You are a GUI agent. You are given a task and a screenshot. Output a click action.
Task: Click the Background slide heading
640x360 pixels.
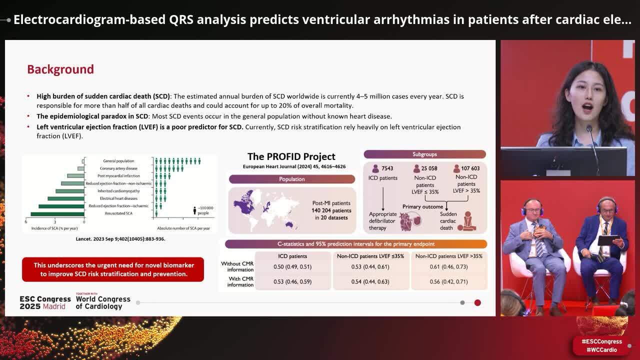pyautogui.click(x=60, y=69)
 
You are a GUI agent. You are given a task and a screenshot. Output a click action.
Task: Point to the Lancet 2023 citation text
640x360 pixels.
pyautogui.click(x=117, y=239)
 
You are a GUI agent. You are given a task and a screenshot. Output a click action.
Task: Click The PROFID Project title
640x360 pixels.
pyautogui.click(x=291, y=156)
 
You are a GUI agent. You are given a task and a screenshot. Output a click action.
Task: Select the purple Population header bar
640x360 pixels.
pyautogui.click(x=292, y=179)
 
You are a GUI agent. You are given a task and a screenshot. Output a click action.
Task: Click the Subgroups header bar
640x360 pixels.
pyautogui.click(x=424, y=154)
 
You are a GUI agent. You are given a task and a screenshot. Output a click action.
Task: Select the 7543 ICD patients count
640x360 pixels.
pyautogui.click(x=387, y=168)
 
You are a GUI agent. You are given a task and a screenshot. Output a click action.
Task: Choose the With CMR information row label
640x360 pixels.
pyautogui.click(x=240, y=281)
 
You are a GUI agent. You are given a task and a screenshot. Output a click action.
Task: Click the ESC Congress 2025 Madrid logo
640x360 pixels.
pyautogui.click(x=45, y=302)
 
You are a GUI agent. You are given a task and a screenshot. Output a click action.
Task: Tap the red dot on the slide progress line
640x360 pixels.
pyautogui.click(x=477, y=302)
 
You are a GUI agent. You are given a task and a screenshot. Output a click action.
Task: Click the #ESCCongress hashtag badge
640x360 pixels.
pyautogui.click(x=601, y=341)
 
